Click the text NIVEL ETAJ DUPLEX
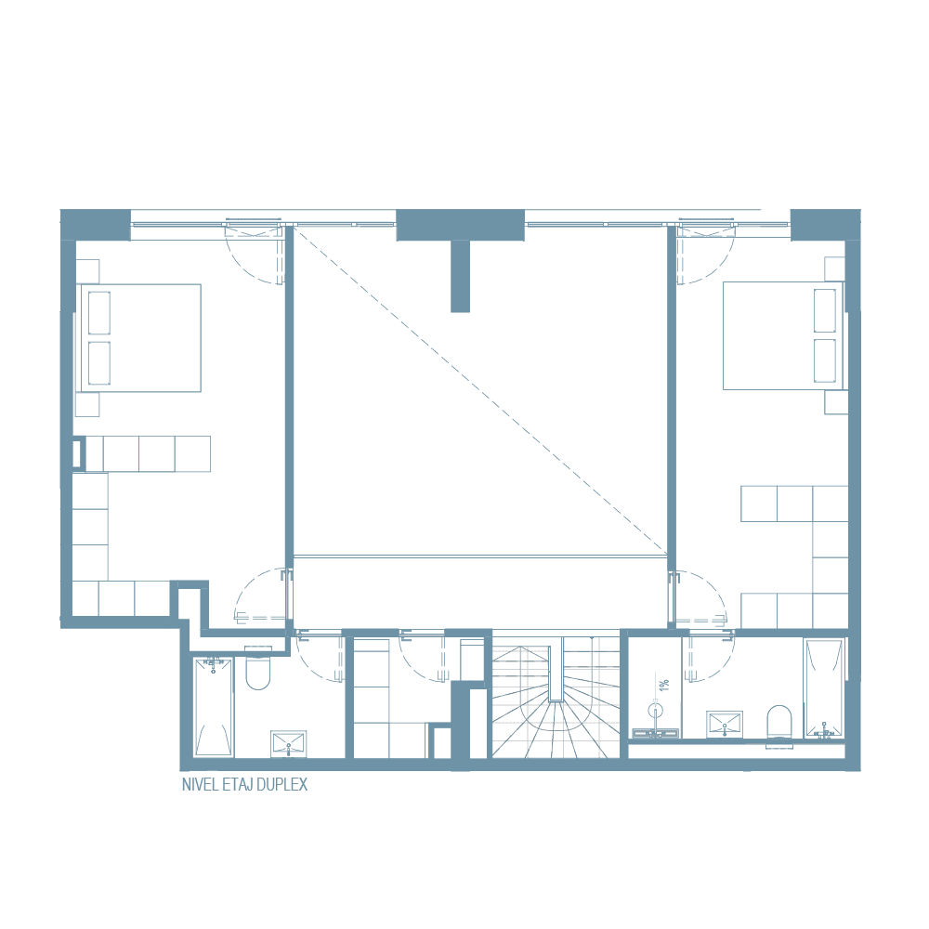click(244, 785)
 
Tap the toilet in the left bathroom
click(257, 672)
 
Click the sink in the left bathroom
click(288, 743)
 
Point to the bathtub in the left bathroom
click(214, 706)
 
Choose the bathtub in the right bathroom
click(823, 687)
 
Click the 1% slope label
click(663, 685)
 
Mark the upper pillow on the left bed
click(98, 312)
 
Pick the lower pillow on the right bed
click(824, 360)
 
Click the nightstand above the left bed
click(87, 270)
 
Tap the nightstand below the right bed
click(835, 402)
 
